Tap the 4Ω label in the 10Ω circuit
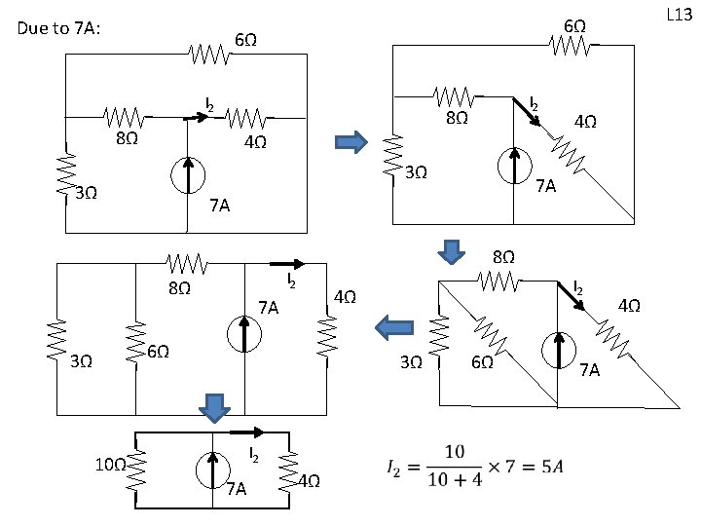(308, 479)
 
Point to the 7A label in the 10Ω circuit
(236, 488)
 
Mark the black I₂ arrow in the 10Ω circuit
(247, 431)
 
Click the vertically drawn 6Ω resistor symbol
(136, 337)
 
